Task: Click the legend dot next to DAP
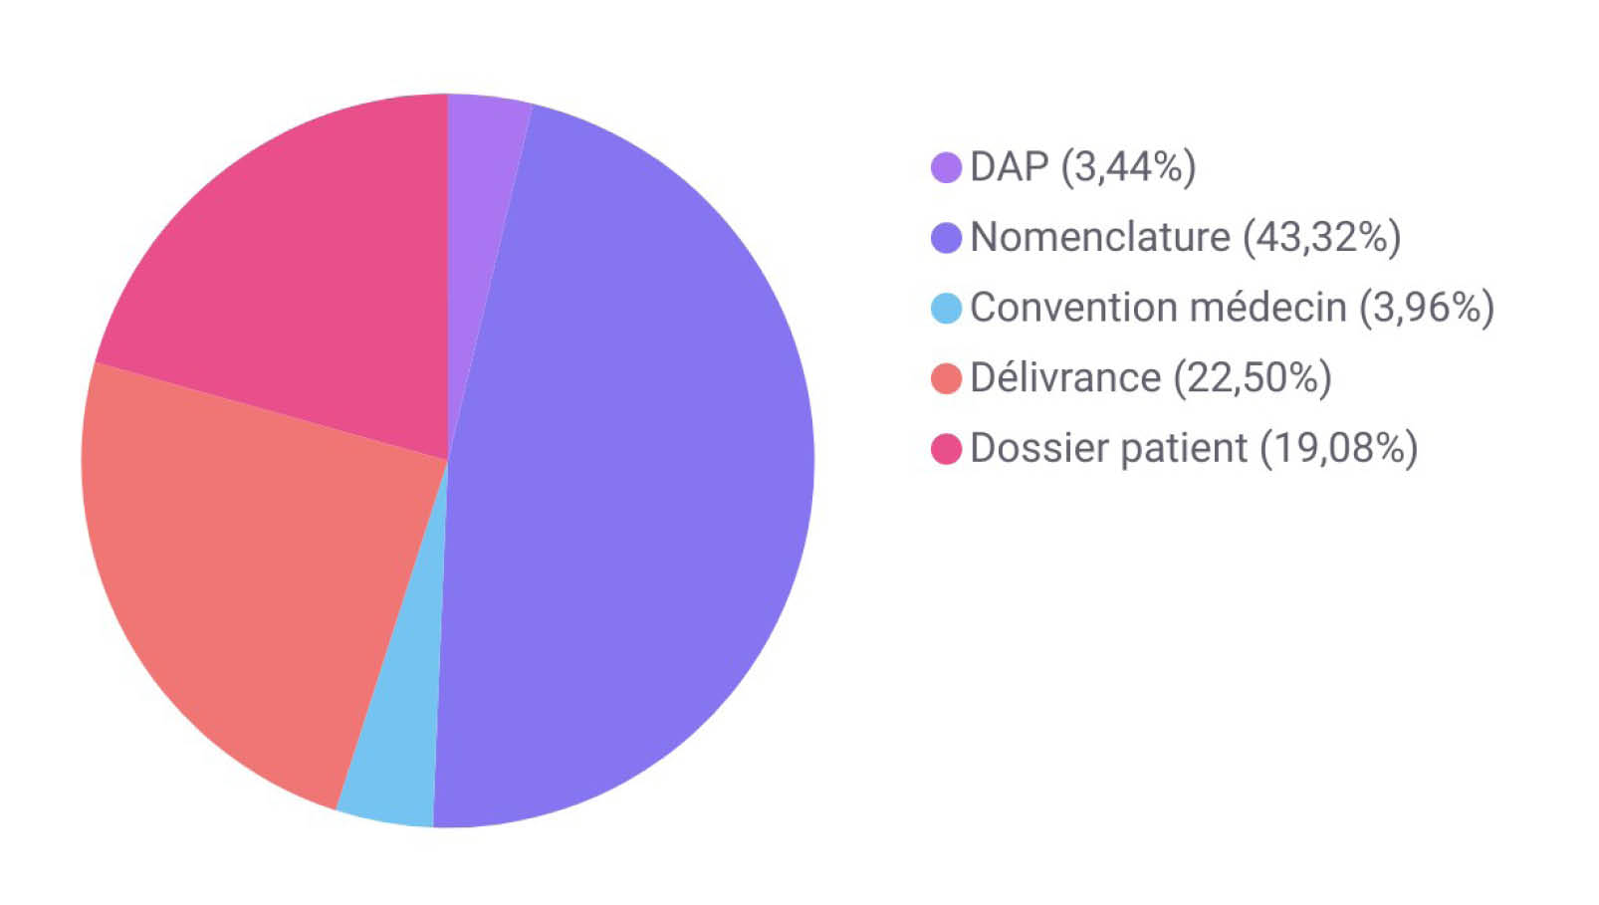946,167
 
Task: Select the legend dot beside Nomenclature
946,238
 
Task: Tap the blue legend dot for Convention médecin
946,309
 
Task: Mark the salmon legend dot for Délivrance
946,378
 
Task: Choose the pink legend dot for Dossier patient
946,449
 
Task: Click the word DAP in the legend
1009,167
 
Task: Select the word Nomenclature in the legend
1100,238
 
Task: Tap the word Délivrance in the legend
1065,378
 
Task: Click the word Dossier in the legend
1038,449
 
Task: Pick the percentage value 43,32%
1321,238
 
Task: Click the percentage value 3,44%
1128,167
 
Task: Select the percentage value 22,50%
1253,378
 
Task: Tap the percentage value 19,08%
1339,449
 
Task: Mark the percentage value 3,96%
1427,308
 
